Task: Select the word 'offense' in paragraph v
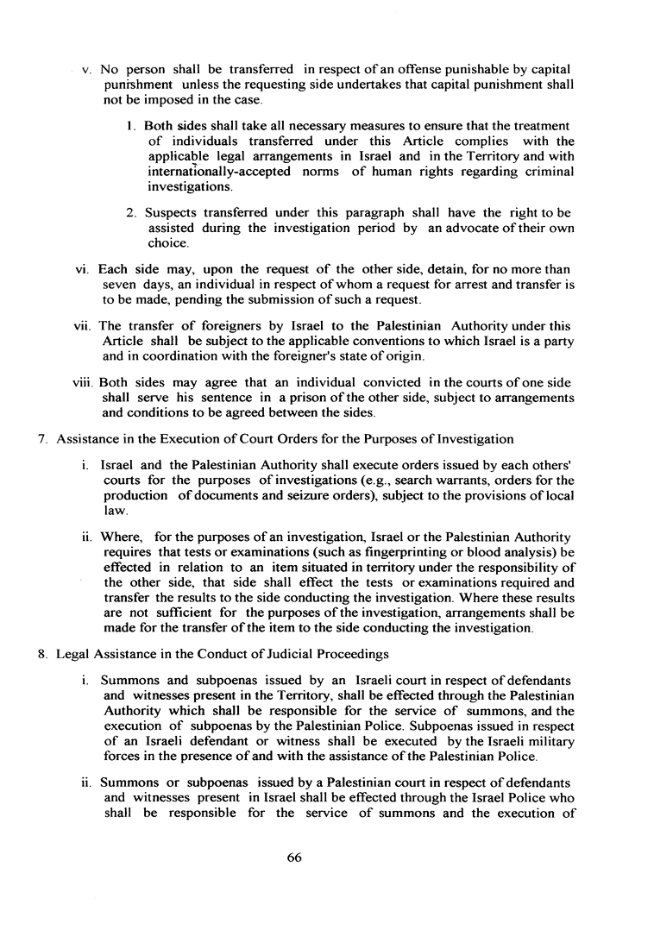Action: [394, 68]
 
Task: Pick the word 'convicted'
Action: [357, 380]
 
